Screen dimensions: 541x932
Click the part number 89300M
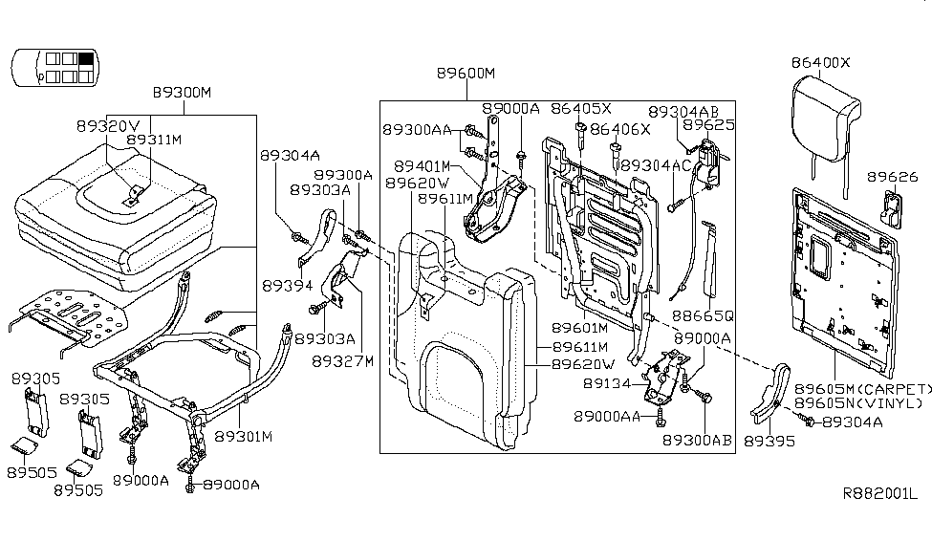click(182, 93)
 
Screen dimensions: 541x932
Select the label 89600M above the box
click(466, 74)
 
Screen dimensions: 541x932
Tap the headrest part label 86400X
click(820, 63)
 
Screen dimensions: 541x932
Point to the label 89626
click(892, 177)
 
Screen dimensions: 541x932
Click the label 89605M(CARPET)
click(863, 389)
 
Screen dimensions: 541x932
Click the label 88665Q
click(702, 315)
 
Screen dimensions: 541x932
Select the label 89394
click(285, 285)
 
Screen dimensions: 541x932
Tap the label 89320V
click(108, 124)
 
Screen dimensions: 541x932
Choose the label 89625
click(708, 125)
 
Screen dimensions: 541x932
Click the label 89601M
click(583, 329)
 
